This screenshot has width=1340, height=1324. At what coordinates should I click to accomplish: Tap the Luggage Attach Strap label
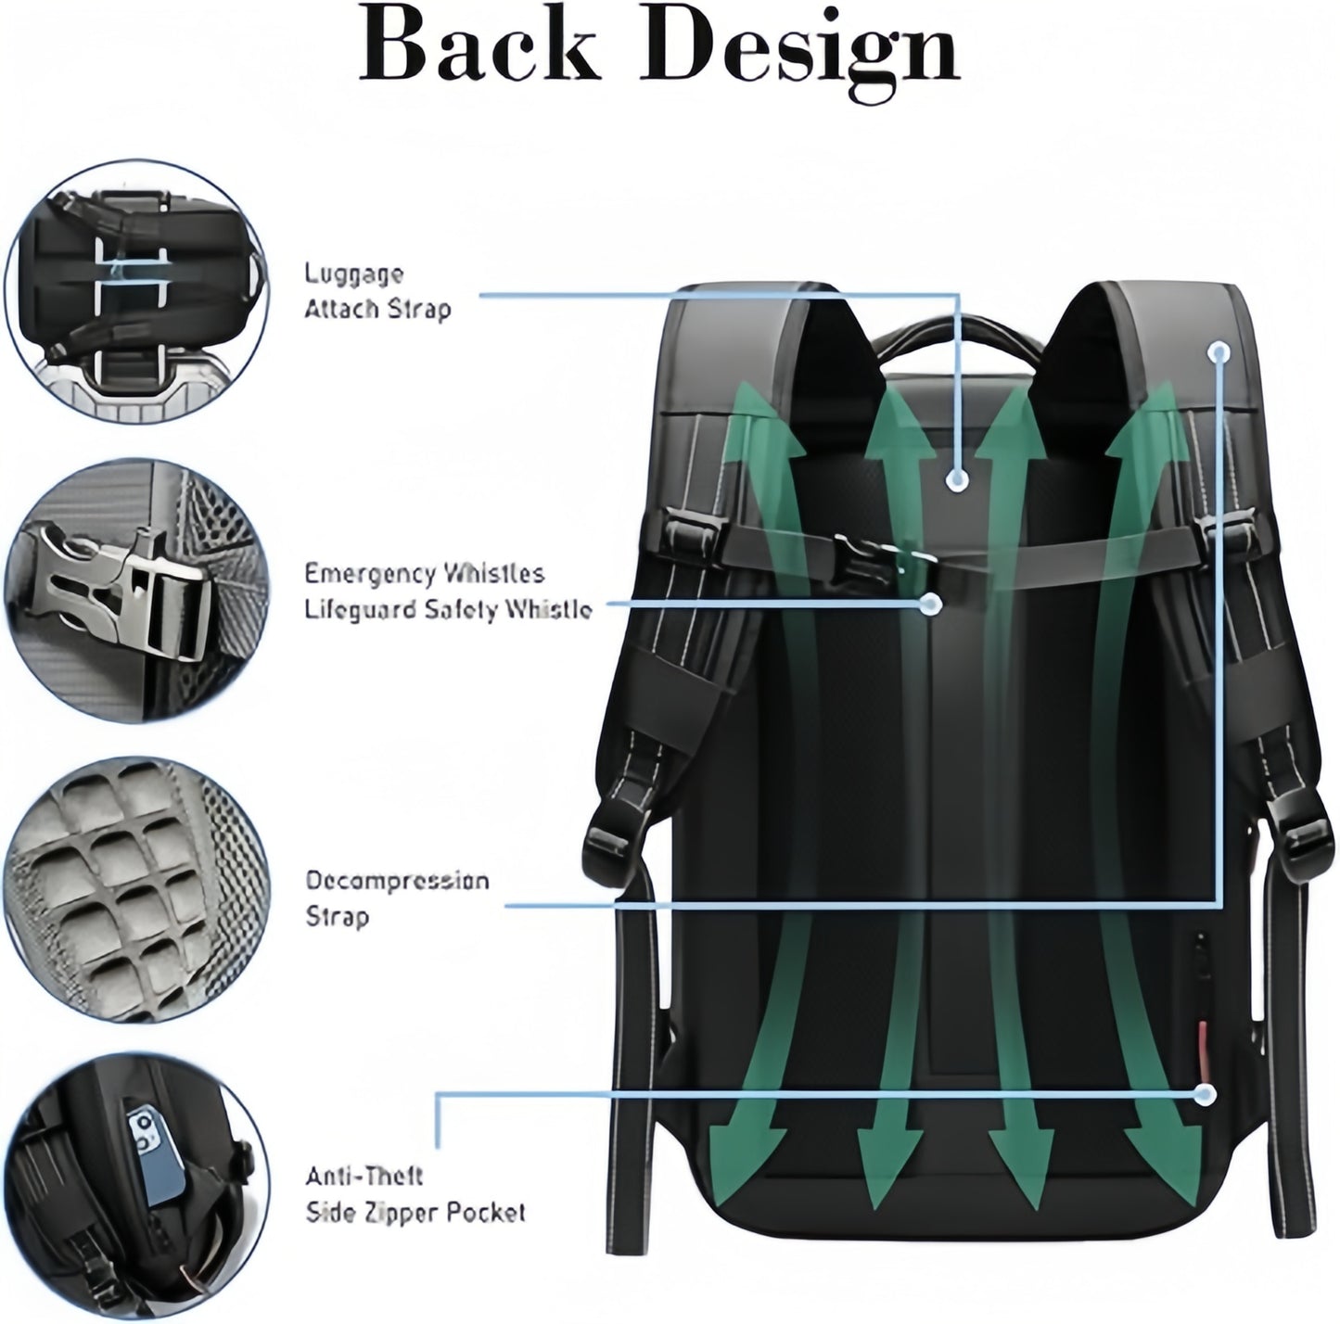377,291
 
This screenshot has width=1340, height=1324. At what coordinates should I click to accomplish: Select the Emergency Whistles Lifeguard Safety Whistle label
449,592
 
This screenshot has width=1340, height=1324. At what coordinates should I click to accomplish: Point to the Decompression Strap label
397,898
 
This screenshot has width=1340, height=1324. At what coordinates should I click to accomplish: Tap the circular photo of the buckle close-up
136,592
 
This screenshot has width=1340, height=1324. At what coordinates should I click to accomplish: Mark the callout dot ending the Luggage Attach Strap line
958,479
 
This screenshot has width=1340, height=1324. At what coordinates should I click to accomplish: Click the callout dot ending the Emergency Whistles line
930,605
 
